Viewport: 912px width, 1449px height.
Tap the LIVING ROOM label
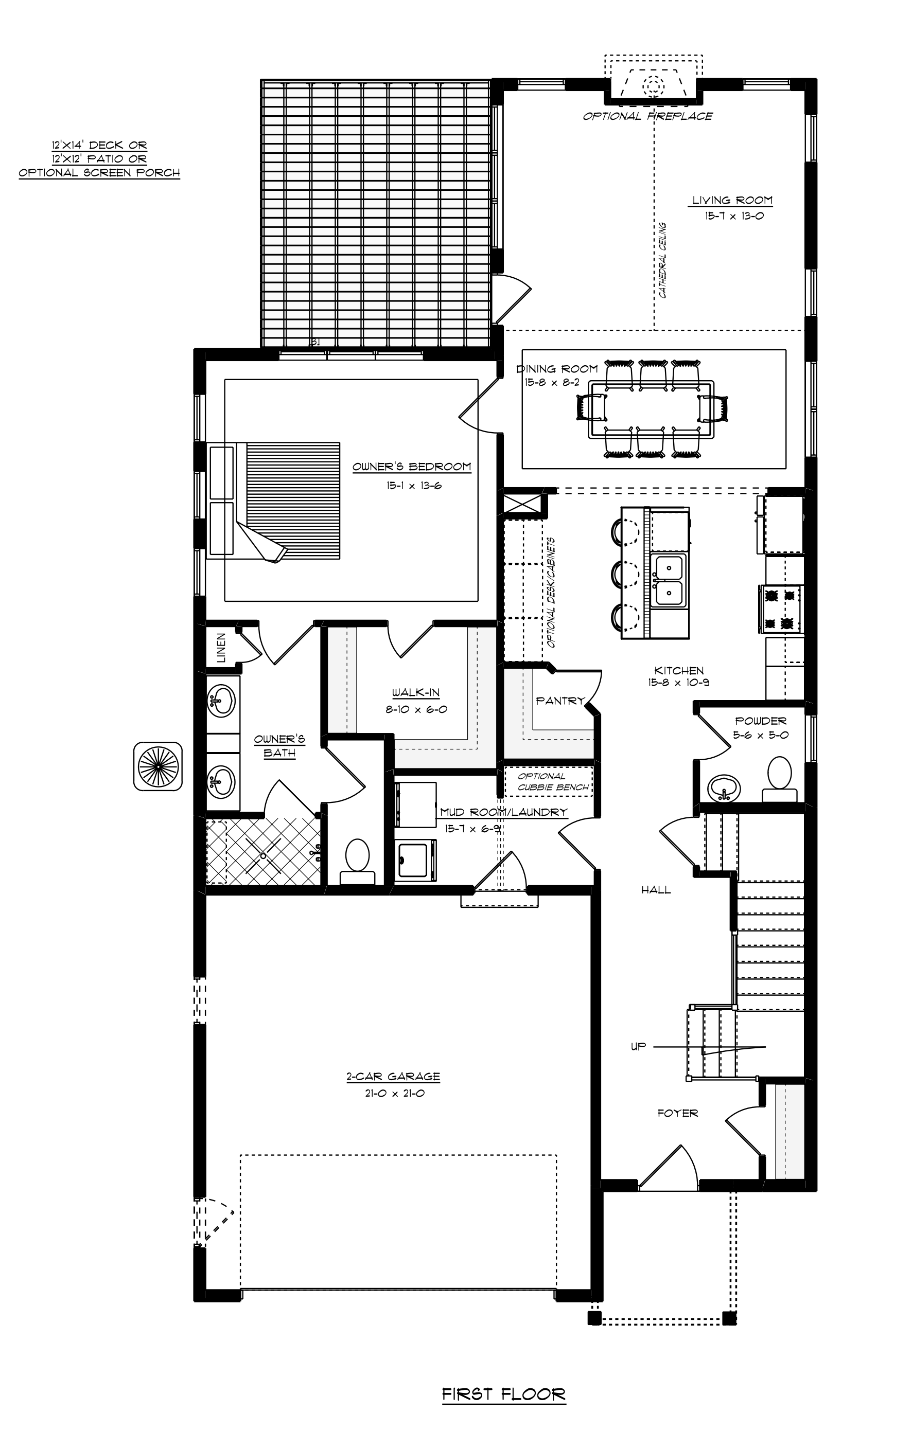point(732,201)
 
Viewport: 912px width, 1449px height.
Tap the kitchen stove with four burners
point(781,609)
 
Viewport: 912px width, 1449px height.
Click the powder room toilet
point(780,779)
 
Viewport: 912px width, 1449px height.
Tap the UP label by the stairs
point(638,1046)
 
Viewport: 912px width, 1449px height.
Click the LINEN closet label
point(221,648)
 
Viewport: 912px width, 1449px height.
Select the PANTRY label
point(560,701)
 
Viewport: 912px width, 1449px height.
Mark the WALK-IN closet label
point(415,692)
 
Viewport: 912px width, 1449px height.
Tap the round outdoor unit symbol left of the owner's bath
point(157,766)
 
